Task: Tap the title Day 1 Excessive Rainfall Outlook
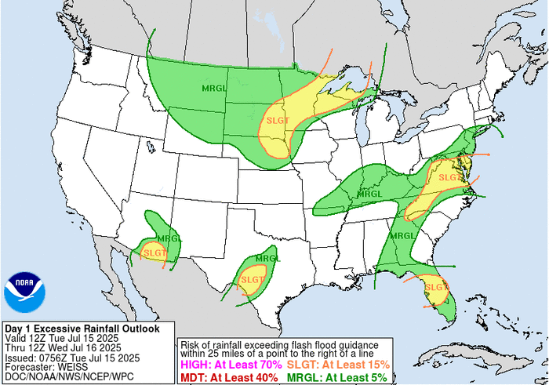[x=82, y=329]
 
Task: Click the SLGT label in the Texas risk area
[x=253, y=279]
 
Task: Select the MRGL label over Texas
[x=267, y=258]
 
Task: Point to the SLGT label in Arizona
[x=155, y=252]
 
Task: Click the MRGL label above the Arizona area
[x=169, y=238]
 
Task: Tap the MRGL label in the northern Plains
[x=214, y=87]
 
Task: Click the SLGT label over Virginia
[x=450, y=178]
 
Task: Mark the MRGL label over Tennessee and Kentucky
[x=369, y=194]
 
